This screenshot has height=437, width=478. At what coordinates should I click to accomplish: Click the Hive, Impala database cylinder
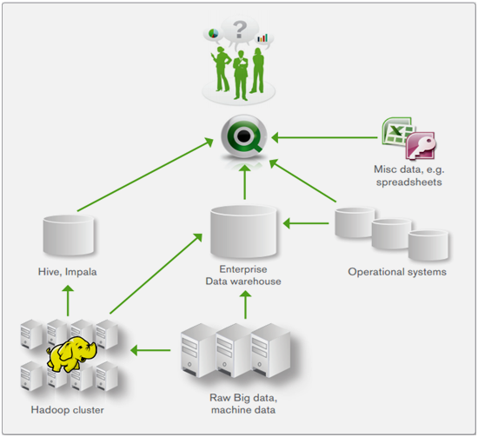(x=69, y=235)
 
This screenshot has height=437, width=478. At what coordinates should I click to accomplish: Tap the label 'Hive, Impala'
(x=68, y=271)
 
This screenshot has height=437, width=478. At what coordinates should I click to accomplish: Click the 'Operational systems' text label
(x=396, y=272)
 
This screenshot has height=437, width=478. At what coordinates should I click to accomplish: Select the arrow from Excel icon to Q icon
(x=317, y=136)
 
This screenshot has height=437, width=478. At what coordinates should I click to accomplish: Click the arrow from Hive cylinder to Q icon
(x=148, y=178)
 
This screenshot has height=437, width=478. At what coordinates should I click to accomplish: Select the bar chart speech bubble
(x=262, y=39)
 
